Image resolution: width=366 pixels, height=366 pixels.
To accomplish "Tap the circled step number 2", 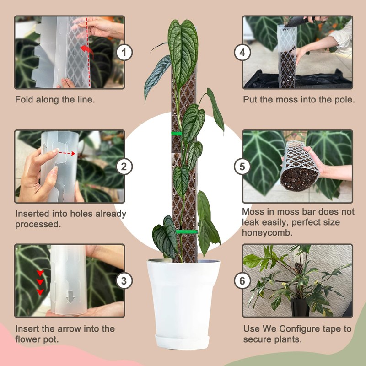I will [124, 167].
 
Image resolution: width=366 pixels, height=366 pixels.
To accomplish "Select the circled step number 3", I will [124, 280].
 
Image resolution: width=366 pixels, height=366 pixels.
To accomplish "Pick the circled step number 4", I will [242, 53].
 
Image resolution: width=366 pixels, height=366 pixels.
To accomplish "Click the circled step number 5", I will [242, 167].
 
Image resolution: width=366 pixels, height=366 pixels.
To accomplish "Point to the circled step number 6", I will [242, 280].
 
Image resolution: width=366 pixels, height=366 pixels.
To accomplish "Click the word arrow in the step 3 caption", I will [59, 329].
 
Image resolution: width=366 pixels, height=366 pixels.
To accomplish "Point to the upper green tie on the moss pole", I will [176, 134].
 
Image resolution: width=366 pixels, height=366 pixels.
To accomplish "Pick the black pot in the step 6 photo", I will [300, 307].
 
